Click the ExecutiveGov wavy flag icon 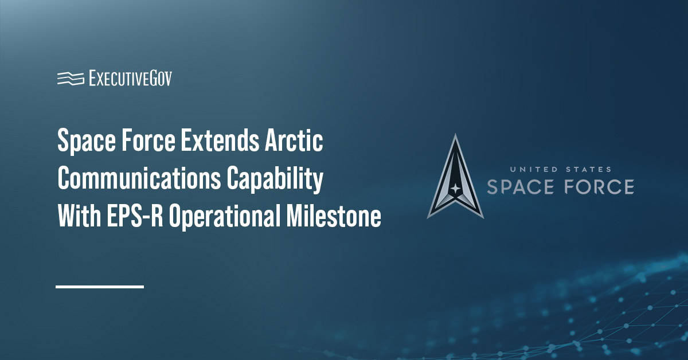[71, 79]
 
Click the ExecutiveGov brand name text [130, 79]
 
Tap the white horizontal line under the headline [100, 286]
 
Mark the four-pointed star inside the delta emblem [455, 189]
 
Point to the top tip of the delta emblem [455, 136]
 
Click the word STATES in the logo [586, 170]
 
